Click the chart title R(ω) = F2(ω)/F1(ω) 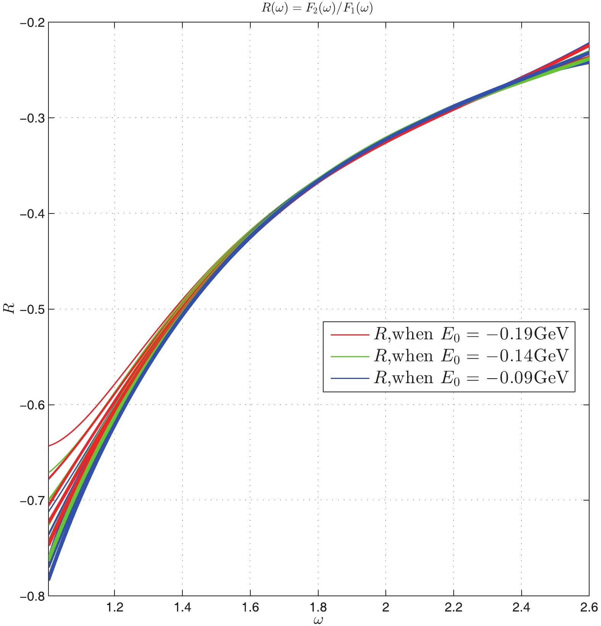pos(317,8)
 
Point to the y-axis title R pos(10,308)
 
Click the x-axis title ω pos(318,620)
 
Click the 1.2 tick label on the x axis pos(114,607)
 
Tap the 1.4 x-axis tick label pos(182,607)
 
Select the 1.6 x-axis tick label pos(250,607)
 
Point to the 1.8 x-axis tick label pos(318,607)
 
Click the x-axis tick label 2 pos(386,607)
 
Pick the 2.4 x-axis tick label pos(521,607)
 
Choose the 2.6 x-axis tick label pos(589,607)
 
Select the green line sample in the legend pos(350,356)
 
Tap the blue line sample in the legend pos(350,378)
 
